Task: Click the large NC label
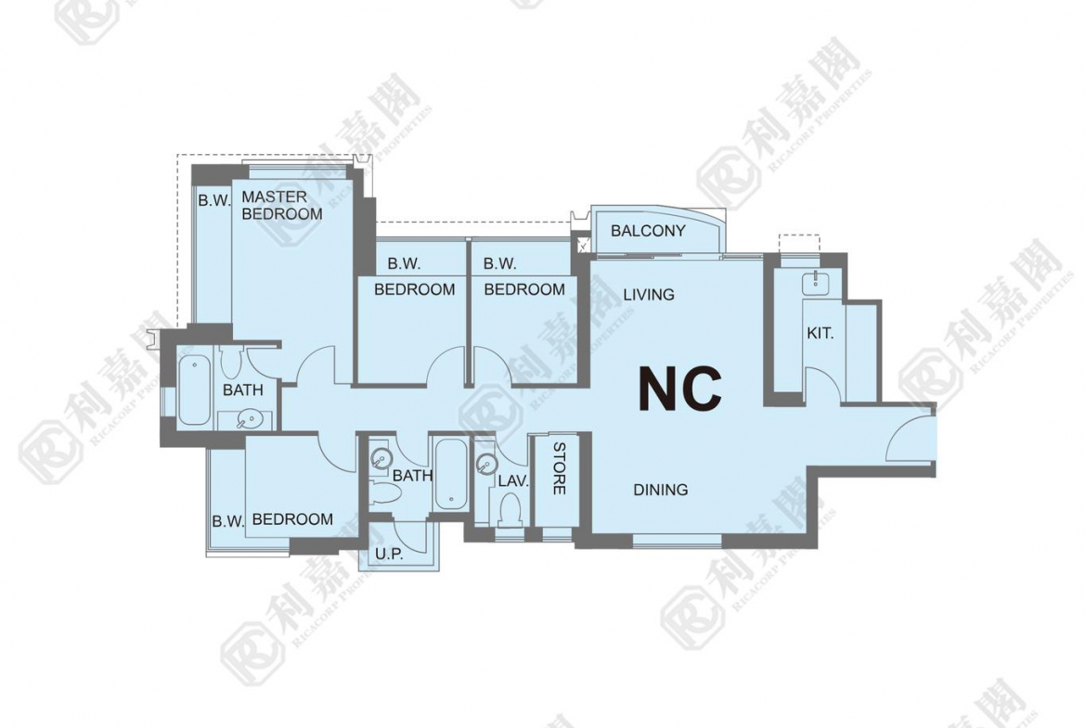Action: (x=679, y=389)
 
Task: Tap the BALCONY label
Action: (x=648, y=230)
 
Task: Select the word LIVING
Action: (x=648, y=294)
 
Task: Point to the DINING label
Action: (x=661, y=490)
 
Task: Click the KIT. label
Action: (x=820, y=333)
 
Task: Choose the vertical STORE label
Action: (x=559, y=468)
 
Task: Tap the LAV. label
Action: (x=513, y=481)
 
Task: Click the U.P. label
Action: (x=389, y=554)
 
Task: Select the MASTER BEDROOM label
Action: (x=281, y=206)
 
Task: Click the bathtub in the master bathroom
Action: (x=193, y=390)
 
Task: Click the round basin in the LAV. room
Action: (x=487, y=462)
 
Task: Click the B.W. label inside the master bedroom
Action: (x=214, y=200)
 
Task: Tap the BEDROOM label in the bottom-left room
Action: (x=292, y=519)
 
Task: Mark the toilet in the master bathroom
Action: (x=230, y=362)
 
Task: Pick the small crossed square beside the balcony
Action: (x=582, y=244)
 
